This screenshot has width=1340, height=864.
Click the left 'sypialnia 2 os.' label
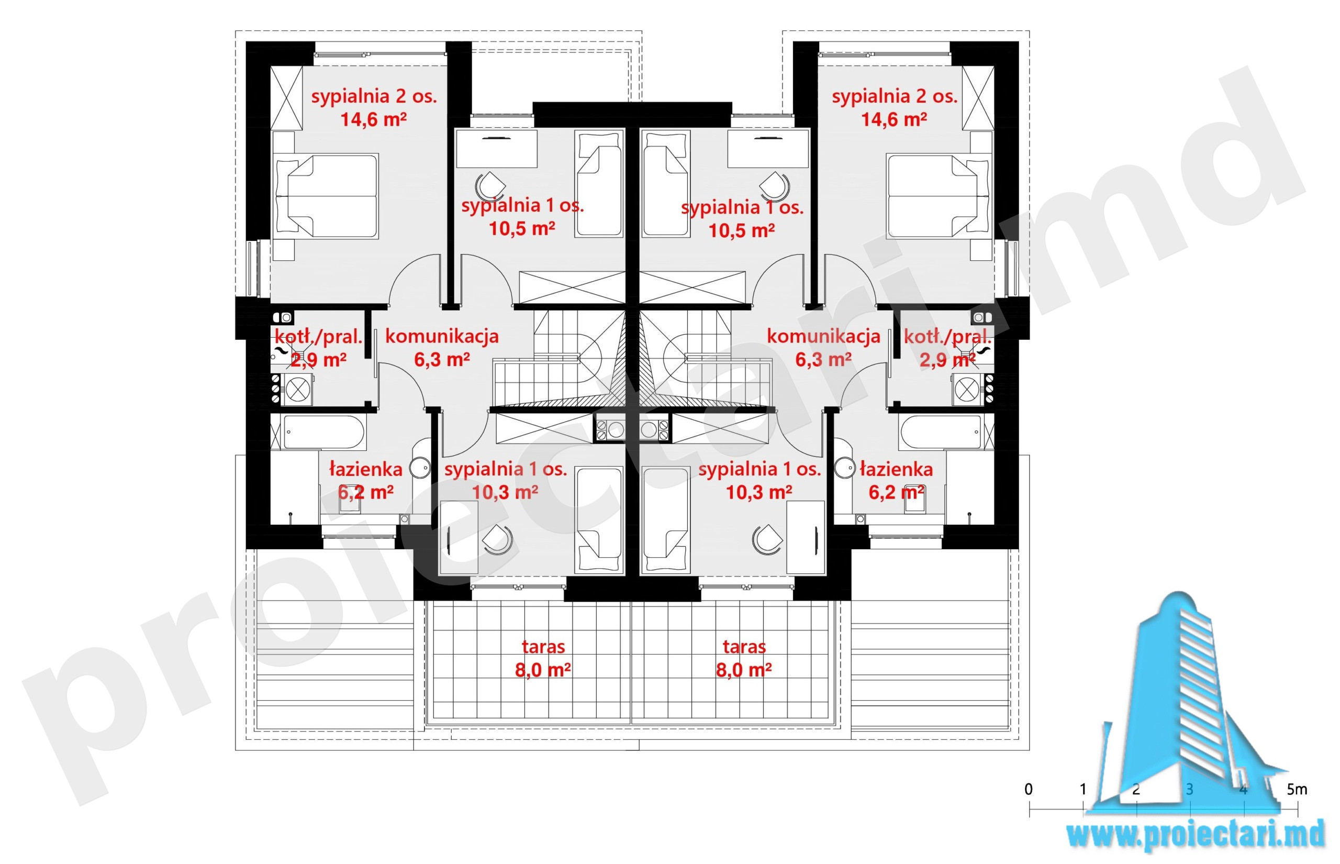374,96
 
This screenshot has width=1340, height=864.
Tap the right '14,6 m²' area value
894,119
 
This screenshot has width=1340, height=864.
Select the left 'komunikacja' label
442,337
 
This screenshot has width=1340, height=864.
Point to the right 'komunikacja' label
823,337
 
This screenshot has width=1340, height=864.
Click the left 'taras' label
543,647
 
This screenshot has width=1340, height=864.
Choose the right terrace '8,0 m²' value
744,670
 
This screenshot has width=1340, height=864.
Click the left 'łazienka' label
365,469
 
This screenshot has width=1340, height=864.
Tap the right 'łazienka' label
896,469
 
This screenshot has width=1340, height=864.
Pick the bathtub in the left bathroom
323,432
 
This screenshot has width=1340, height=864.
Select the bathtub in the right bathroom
940,432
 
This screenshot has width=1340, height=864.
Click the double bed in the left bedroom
325,196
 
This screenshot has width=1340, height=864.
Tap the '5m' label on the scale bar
1296,790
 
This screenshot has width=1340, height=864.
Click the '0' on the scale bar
1028,790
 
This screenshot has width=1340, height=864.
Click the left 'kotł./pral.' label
318,337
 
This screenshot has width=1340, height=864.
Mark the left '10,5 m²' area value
522,229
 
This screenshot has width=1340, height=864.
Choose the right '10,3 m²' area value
759,493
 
